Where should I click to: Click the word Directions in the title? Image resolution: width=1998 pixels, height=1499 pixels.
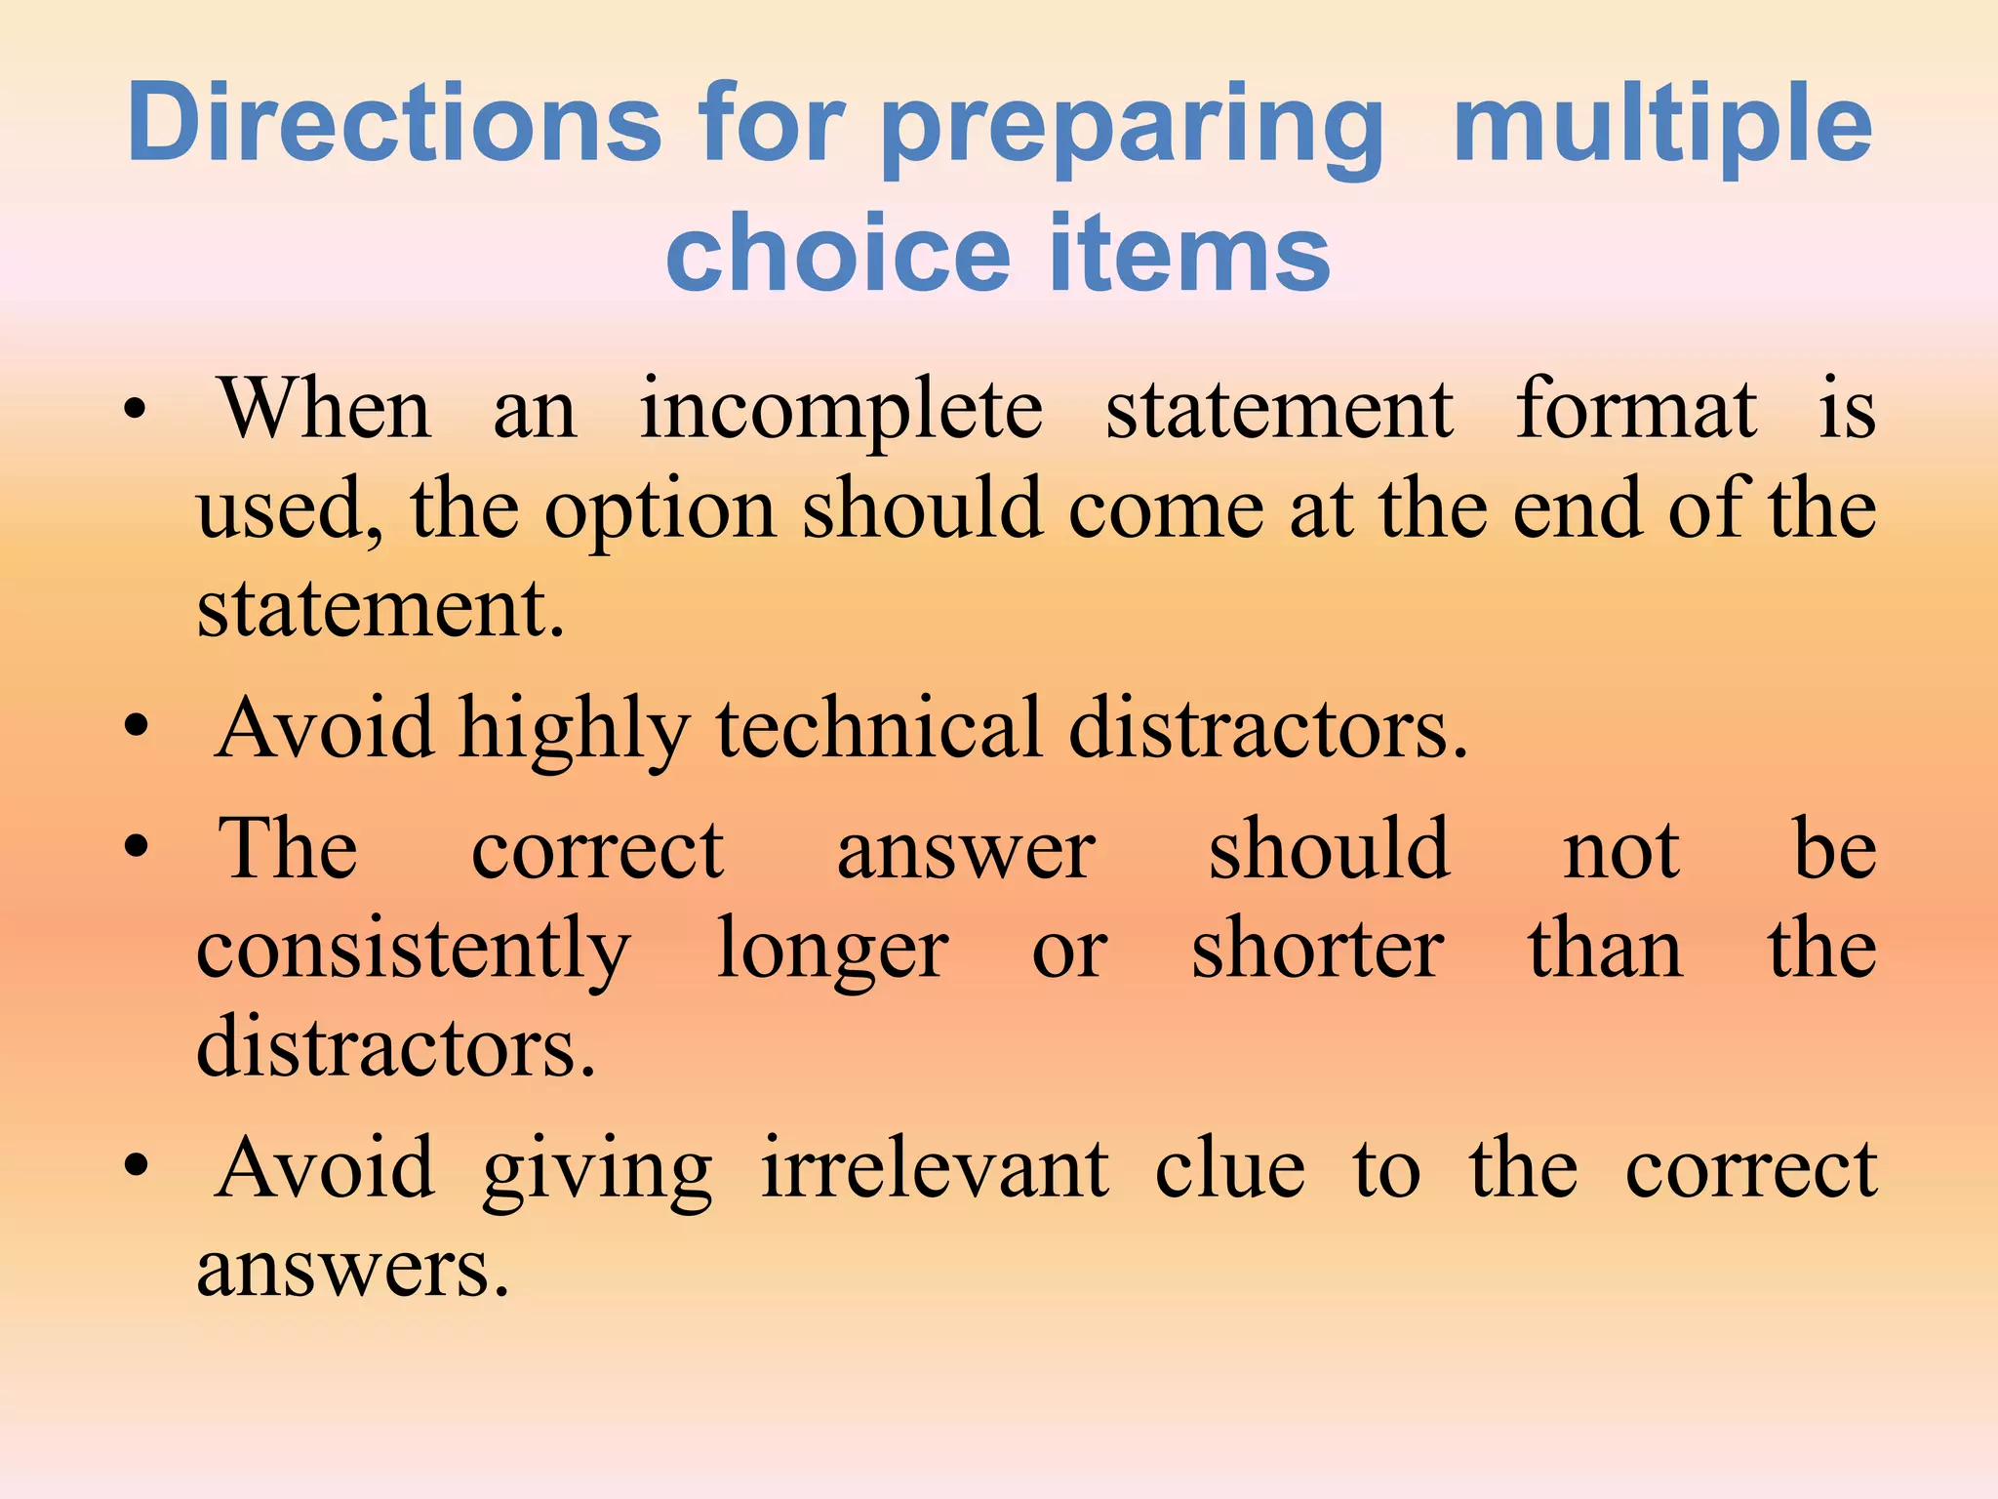click(x=394, y=123)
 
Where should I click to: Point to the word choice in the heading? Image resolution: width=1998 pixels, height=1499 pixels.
click(x=838, y=253)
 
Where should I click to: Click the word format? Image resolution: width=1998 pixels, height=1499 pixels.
click(x=1636, y=410)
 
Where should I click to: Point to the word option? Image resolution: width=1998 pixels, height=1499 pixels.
click(x=659, y=512)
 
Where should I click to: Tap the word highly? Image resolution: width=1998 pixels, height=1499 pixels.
click(x=575, y=732)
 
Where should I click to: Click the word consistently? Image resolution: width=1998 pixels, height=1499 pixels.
click(x=414, y=952)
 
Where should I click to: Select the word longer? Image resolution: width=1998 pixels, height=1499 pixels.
click(x=832, y=952)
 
